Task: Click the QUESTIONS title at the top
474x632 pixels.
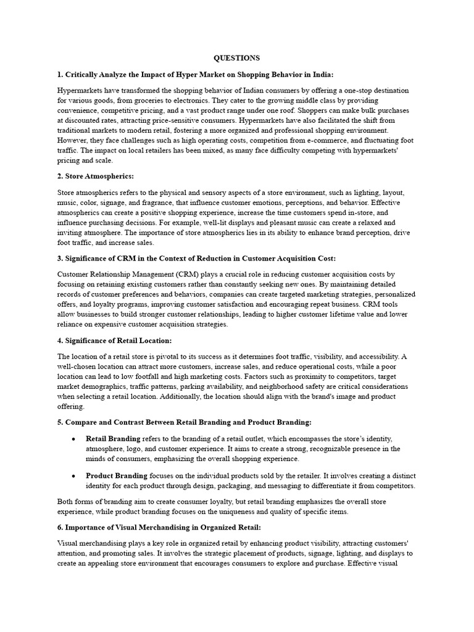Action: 236,58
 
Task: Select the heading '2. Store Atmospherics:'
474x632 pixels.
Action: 95,177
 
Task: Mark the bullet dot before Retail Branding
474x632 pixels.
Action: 73,438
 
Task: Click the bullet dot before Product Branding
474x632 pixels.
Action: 73,476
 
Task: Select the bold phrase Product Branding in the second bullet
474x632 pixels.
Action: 116,476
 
